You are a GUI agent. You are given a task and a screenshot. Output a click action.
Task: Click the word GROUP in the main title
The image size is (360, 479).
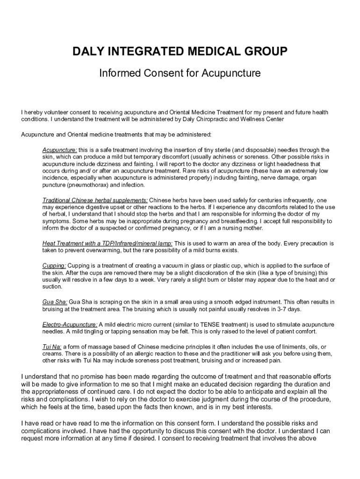point(266,51)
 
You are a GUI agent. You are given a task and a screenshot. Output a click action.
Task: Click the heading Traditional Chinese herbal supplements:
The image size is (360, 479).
point(95,200)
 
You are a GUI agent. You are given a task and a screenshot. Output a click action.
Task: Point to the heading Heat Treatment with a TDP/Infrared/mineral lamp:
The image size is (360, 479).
point(107,244)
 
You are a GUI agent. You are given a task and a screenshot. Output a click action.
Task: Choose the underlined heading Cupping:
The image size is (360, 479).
point(54,266)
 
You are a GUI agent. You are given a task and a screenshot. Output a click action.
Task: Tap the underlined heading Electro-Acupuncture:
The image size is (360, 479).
point(70,324)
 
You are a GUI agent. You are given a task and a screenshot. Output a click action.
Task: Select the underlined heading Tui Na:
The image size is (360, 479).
point(52,347)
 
